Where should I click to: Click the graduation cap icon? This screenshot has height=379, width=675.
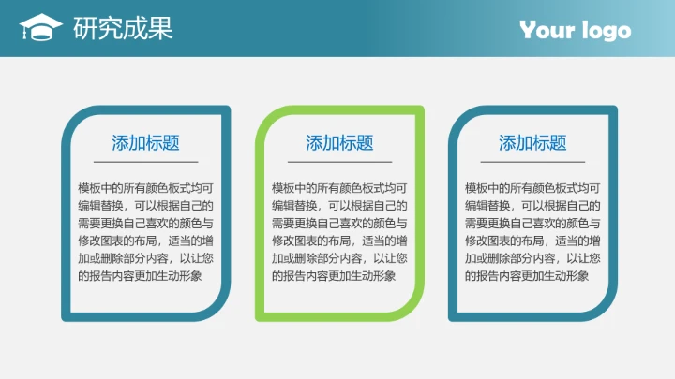[40, 28]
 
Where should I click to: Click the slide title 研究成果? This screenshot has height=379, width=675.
[123, 29]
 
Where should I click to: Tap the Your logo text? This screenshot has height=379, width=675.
[576, 31]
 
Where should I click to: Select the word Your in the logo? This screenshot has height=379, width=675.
[547, 31]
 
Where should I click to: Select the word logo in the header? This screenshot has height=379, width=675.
[606, 32]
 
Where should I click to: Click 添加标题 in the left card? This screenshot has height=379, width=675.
[145, 143]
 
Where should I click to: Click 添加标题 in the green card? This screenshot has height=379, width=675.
[339, 143]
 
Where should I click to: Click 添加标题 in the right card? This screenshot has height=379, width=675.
[532, 143]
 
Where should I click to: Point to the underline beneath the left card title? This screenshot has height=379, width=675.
[145, 162]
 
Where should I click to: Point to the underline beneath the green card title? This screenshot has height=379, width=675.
[339, 162]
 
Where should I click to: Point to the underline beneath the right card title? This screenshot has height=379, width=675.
[532, 162]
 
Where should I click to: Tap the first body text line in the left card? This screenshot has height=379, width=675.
[145, 188]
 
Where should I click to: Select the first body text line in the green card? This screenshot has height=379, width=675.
[339, 188]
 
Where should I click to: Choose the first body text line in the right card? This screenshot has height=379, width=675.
[532, 188]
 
